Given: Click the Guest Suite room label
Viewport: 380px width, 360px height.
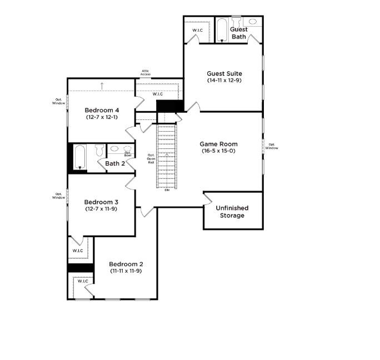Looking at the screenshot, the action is coord(224,73).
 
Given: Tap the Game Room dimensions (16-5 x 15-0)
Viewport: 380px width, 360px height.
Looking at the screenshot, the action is coord(218,151).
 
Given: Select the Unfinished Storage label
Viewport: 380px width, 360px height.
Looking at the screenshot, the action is coord(232,212).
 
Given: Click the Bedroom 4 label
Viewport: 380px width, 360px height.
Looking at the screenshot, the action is coord(102,111).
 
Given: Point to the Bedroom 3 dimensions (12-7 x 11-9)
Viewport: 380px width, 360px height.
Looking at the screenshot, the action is coord(101,209).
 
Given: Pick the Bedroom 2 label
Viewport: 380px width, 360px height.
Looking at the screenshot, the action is coord(126,264).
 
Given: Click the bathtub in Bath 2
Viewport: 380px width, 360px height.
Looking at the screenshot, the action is coord(80,157).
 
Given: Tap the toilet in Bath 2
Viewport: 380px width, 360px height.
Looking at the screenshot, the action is coord(99,151).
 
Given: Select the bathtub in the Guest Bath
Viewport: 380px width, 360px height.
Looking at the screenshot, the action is coord(222,31).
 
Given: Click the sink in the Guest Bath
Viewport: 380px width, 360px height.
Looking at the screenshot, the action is coord(253,22).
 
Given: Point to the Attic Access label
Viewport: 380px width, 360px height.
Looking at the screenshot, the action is coord(146,72).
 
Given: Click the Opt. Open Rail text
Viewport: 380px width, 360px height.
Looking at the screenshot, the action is coord(151,158).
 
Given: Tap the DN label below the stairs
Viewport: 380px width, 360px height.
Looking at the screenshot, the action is coord(167,190).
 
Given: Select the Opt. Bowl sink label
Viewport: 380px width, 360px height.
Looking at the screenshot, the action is coord(128,154).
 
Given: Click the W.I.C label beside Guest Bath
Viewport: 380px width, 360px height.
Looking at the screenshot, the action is coord(198,31).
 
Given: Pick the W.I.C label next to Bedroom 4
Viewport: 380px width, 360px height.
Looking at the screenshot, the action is coord(158,94).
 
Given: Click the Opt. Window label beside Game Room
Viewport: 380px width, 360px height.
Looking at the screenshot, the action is coord(272,146).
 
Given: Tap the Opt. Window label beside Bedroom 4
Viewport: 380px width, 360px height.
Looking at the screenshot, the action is coord(59,101).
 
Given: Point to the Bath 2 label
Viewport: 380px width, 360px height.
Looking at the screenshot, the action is coord(115,163).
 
